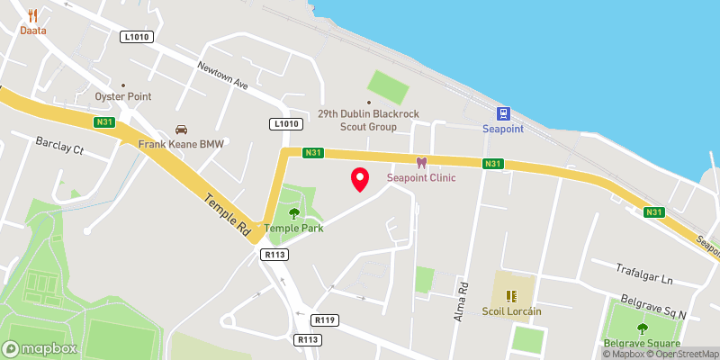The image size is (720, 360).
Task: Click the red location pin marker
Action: (x=360, y=179)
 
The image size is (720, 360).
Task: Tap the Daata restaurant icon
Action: (x=33, y=15)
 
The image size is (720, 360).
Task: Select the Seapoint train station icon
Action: (x=503, y=114)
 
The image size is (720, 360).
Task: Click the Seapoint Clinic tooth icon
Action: (x=419, y=163)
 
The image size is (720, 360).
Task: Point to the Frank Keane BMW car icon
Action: (x=181, y=130)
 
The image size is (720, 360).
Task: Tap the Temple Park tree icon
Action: (x=294, y=213)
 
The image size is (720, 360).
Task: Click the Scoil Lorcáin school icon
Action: (x=510, y=295)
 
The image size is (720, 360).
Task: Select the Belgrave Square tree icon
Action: (x=642, y=328)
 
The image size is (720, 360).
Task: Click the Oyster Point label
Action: (x=123, y=96)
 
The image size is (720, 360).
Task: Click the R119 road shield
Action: (x=325, y=319)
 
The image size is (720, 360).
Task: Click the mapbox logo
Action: (x=40, y=348)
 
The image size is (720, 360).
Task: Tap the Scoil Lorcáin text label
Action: (x=510, y=311)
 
